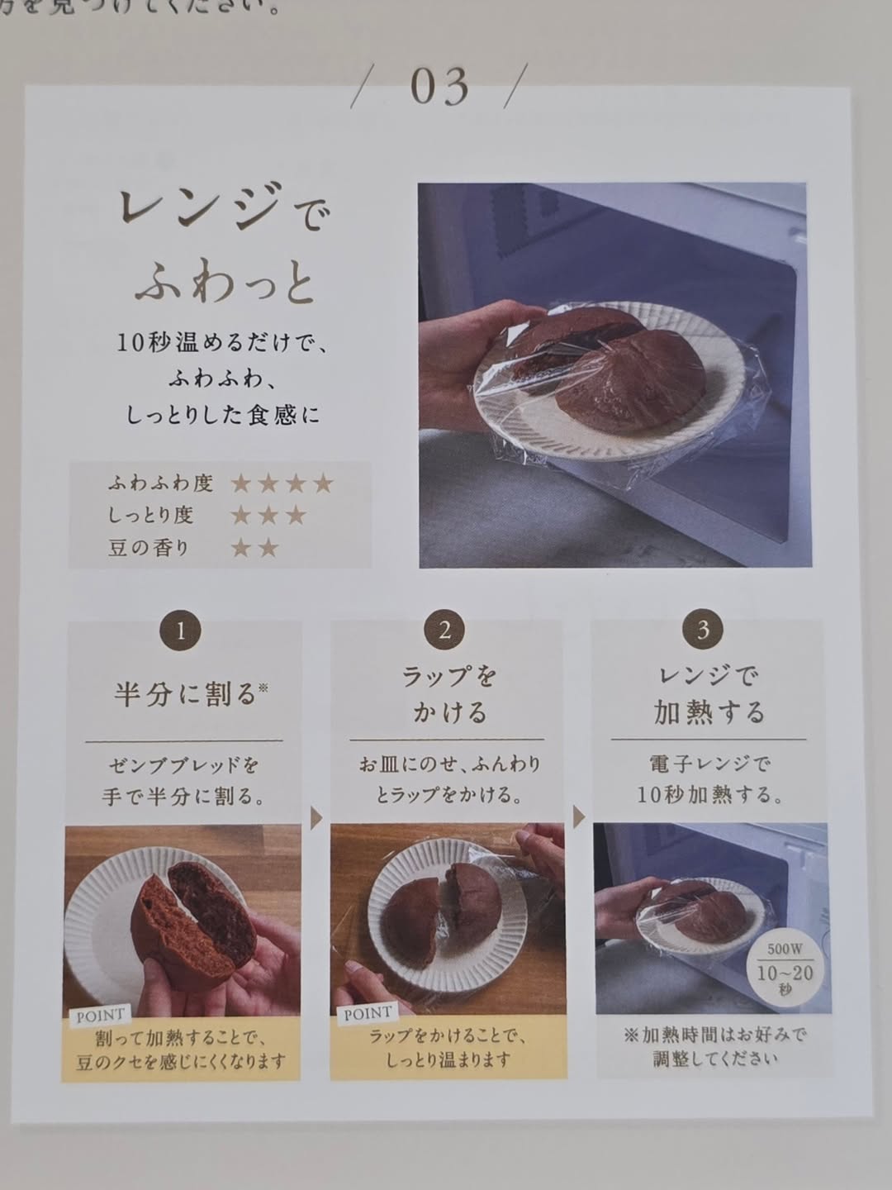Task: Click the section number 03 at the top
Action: click(439, 87)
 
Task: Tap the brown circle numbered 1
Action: click(180, 631)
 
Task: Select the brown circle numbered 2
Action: click(444, 630)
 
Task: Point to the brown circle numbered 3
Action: click(703, 629)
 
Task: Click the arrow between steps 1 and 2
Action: click(316, 818)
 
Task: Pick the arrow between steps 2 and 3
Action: click(579, 816)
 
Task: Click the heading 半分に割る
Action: click(184, 694)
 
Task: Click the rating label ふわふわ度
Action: click(160, 483)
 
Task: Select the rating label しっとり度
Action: click(150, 515)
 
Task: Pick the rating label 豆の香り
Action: click(149, 548)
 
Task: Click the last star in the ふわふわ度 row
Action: click(323, 483)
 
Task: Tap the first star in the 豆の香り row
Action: click(240, 548)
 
